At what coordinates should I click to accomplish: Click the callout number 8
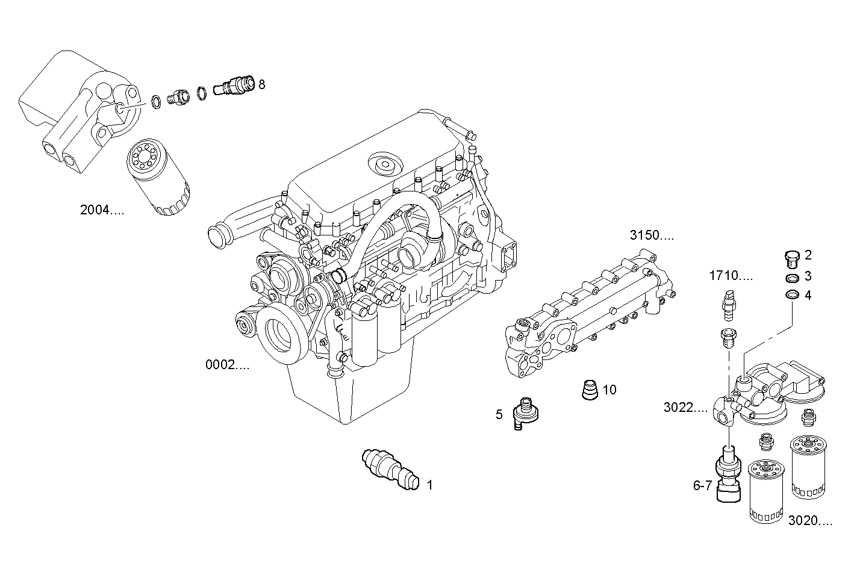[x=261, y=84]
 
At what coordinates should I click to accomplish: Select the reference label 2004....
[x=102, y=210]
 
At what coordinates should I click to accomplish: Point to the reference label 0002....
[x=227, y=364]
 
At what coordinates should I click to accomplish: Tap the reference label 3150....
[x=652, y=235]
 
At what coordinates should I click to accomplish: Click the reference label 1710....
[x=731, y=276]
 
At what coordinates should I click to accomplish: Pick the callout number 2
[x=808, y=255]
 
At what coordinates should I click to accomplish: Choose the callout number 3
[x=808, y=276]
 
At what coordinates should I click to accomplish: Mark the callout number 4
[x=808, y=295]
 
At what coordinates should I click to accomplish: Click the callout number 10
[x=609, y=390]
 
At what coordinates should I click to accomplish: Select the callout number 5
[x=499, y=414]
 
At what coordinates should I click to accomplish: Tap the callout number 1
[x=430, y=484]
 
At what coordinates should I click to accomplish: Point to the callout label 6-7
[x=702, y=485]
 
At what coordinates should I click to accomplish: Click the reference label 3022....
[x=685, y=408]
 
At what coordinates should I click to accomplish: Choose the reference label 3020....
[x=810, y=521]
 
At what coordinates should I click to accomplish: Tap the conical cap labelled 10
[x=590, y=390]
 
